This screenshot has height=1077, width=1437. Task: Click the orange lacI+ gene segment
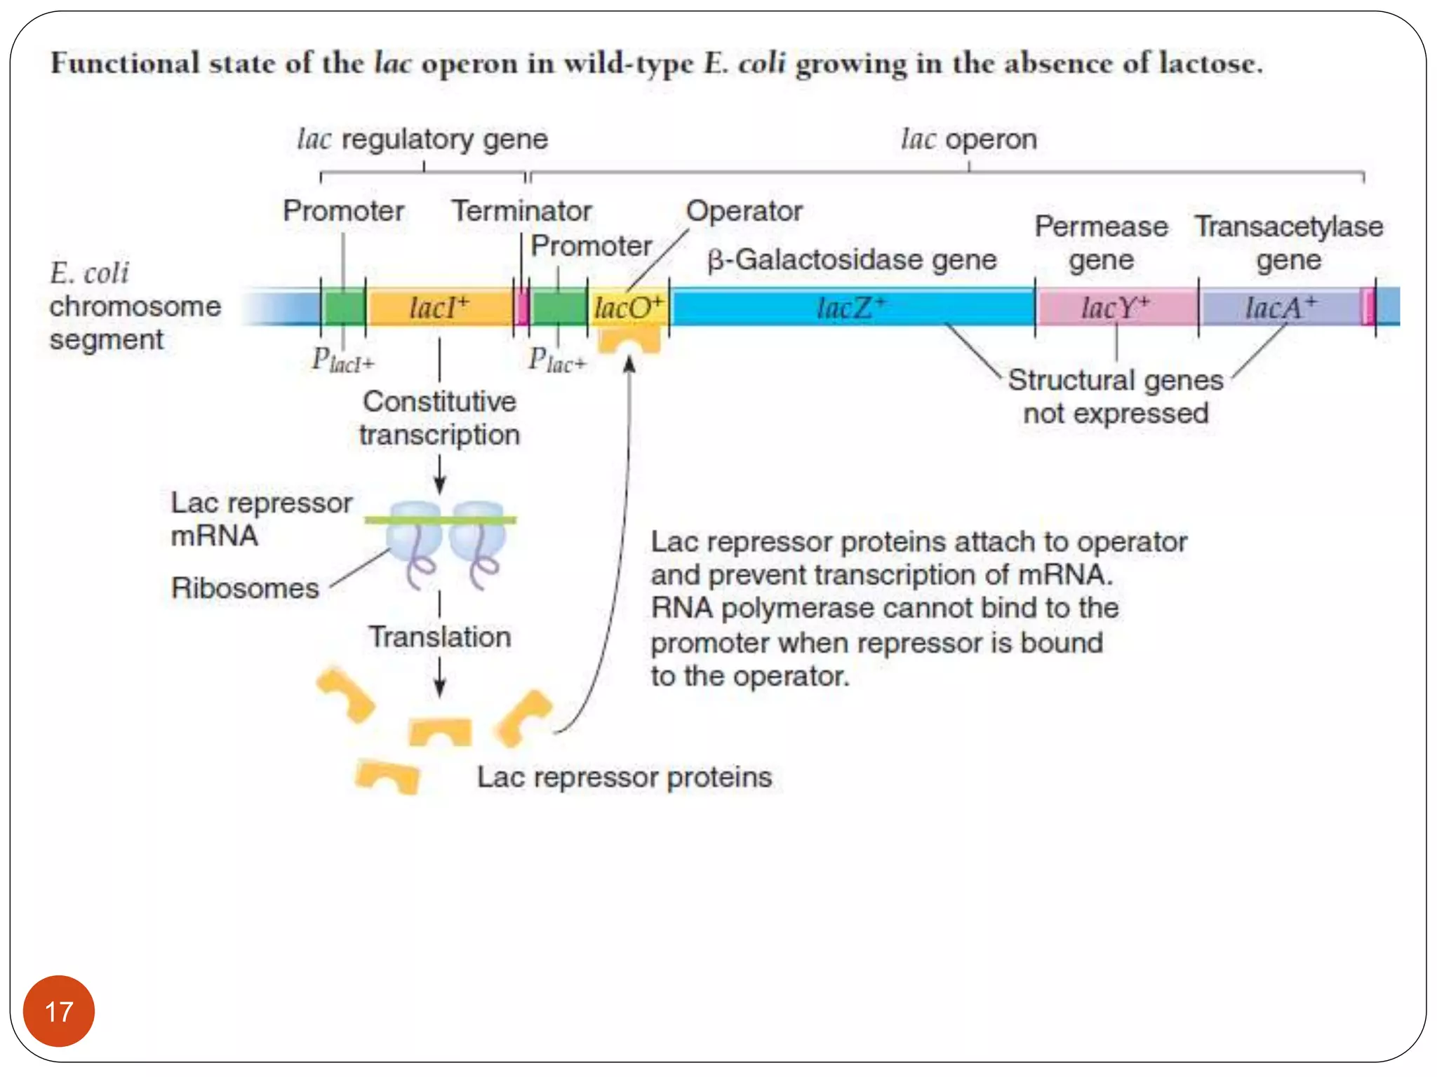coord(439,307)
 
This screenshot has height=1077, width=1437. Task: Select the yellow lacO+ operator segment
coord(628,307)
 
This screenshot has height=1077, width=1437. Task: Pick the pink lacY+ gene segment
coord(1116,307)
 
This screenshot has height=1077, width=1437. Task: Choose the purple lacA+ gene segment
coord(1281,307)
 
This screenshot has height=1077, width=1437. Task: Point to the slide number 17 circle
coord(59,1010)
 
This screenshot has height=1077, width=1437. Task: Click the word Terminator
coord(521,210)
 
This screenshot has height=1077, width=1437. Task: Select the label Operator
coord(744,210)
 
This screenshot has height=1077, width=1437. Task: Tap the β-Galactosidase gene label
coord(851,259)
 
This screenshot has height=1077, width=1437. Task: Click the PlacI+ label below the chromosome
coord(342,360)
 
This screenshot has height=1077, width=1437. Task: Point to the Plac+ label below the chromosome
coord(556,360)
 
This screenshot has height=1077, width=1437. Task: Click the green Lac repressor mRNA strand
coord(441,520)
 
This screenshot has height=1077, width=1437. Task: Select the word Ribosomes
coord(245,588)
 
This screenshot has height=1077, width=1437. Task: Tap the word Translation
coord(440,637)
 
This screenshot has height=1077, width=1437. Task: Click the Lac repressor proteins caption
coord(624,777)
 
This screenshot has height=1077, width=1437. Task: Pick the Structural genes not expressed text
coord(1116,396)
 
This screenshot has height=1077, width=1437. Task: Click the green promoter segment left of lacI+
coord(344,307)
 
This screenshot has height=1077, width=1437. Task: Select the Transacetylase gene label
coord(1288,243)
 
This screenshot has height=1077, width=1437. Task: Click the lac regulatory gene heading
coord(422,139)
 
